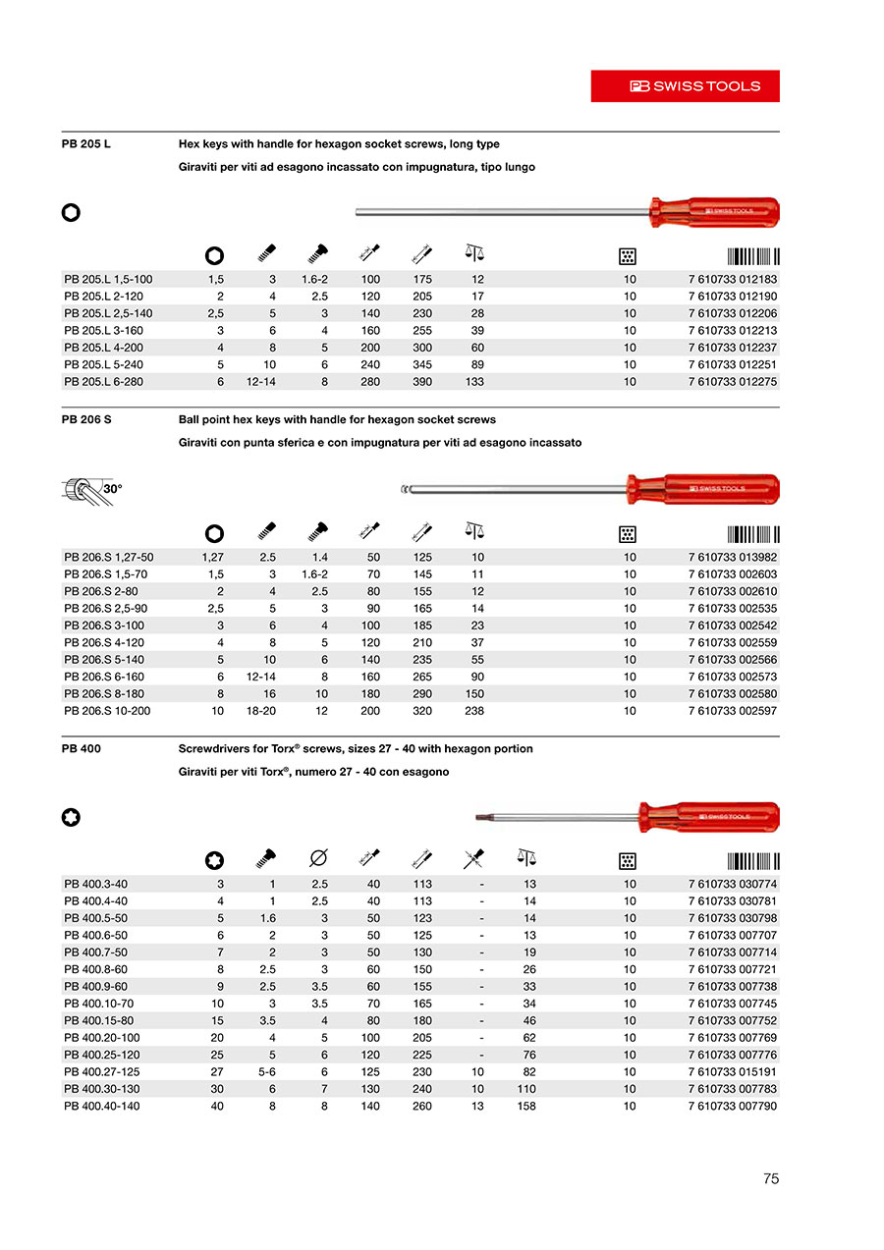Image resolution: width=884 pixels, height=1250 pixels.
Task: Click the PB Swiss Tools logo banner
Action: pos(685,85)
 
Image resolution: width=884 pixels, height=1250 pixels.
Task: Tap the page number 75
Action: pos(770,1178)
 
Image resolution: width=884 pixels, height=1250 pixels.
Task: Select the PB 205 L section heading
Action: pos(86,143)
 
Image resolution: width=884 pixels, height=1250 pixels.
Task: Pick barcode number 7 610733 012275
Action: pos(732,382)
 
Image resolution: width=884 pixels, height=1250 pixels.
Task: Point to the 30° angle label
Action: pos(113,488)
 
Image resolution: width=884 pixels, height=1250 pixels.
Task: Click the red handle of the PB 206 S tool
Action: pos(702,488)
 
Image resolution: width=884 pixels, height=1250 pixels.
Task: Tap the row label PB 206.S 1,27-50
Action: pos(108,558)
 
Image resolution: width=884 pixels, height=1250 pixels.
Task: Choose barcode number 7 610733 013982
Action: pos(732,558)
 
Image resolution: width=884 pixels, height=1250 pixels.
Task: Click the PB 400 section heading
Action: pos(81,748)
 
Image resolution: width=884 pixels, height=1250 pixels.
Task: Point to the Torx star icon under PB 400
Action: pos(71,817)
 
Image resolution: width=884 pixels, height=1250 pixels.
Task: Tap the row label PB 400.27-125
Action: pos(102,1072)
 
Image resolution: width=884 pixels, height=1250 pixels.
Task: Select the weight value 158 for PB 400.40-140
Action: pos(526,1107)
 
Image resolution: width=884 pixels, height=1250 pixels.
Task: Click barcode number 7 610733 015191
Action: pos(732,1072)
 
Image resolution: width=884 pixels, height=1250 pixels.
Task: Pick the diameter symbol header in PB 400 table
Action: pos(318,859)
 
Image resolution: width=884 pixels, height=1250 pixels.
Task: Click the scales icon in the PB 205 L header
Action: pos(474,254)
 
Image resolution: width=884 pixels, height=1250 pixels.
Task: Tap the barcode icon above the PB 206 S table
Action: pos(753,534)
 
